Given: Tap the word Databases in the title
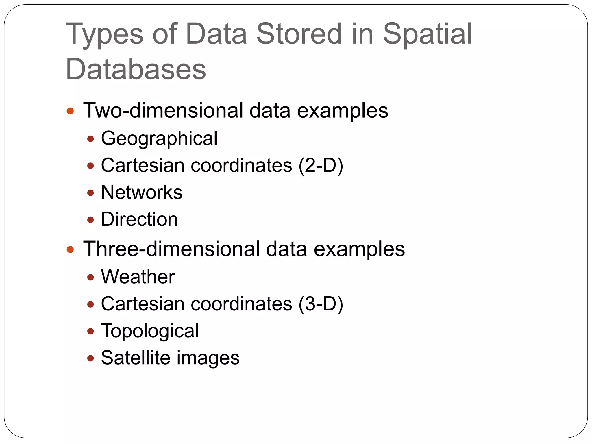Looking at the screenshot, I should [136, 69].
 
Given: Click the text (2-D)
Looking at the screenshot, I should [321, 165].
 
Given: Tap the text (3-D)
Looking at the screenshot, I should [321, 304].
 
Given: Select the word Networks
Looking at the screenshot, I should [142, 192].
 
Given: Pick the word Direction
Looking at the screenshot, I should [139, 219].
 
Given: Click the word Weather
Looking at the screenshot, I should [138, 277].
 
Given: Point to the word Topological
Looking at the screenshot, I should [150, 331].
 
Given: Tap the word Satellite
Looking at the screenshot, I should [136, 358].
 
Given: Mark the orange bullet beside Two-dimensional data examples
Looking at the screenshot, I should [70, 111].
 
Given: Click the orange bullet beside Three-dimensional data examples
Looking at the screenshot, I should [70, 249].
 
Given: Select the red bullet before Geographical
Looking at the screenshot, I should [90, 139].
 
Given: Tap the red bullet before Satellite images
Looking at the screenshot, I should [90, 358].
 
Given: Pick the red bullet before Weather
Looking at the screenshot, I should [90, 277].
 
